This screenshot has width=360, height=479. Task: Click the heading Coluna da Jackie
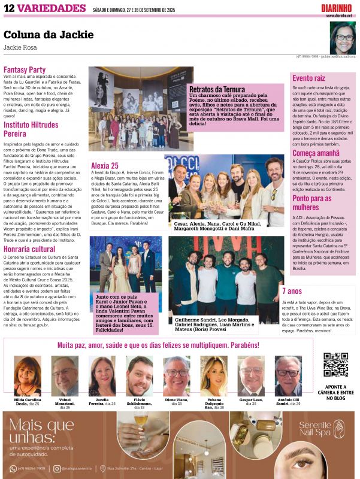pyautogui.click(x=44, y=35)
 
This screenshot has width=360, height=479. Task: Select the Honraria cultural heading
pyautogui.click(x=29, y=248)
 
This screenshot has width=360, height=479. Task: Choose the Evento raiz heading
pyautogui.click(x=309, y=78)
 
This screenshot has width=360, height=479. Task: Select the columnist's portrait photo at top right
pyautogui.click(x=343, y=38)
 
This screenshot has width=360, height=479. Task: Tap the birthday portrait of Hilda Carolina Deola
pyautogui.click(x=28, y=375)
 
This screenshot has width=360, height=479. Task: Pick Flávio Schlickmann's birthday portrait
pyautogui.click(x=139, y=375)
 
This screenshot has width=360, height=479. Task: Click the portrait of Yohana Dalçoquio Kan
pyautogui.click(x=213, y=375)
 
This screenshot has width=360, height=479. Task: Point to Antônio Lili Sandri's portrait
pyautogui.click(x=288, y=375)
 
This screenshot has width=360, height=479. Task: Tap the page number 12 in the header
pyautogui.click(x=9, y=8)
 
